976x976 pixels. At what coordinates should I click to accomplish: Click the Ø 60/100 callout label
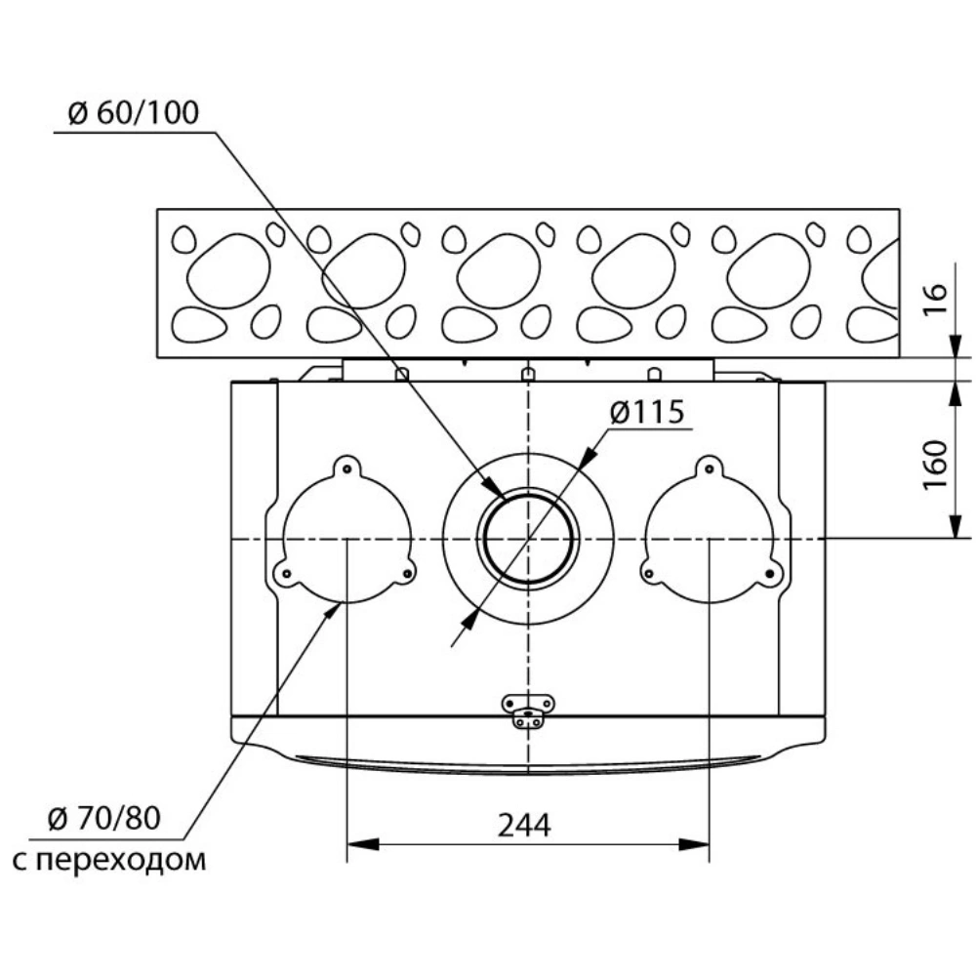tap(133, 113)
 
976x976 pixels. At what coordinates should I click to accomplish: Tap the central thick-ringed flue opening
tap(527, 539)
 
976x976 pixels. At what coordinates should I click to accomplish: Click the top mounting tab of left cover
tap(347, 468)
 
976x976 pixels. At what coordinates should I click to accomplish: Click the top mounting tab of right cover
tap(709, 468)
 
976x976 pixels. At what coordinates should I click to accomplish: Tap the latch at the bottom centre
tap(527, 711)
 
